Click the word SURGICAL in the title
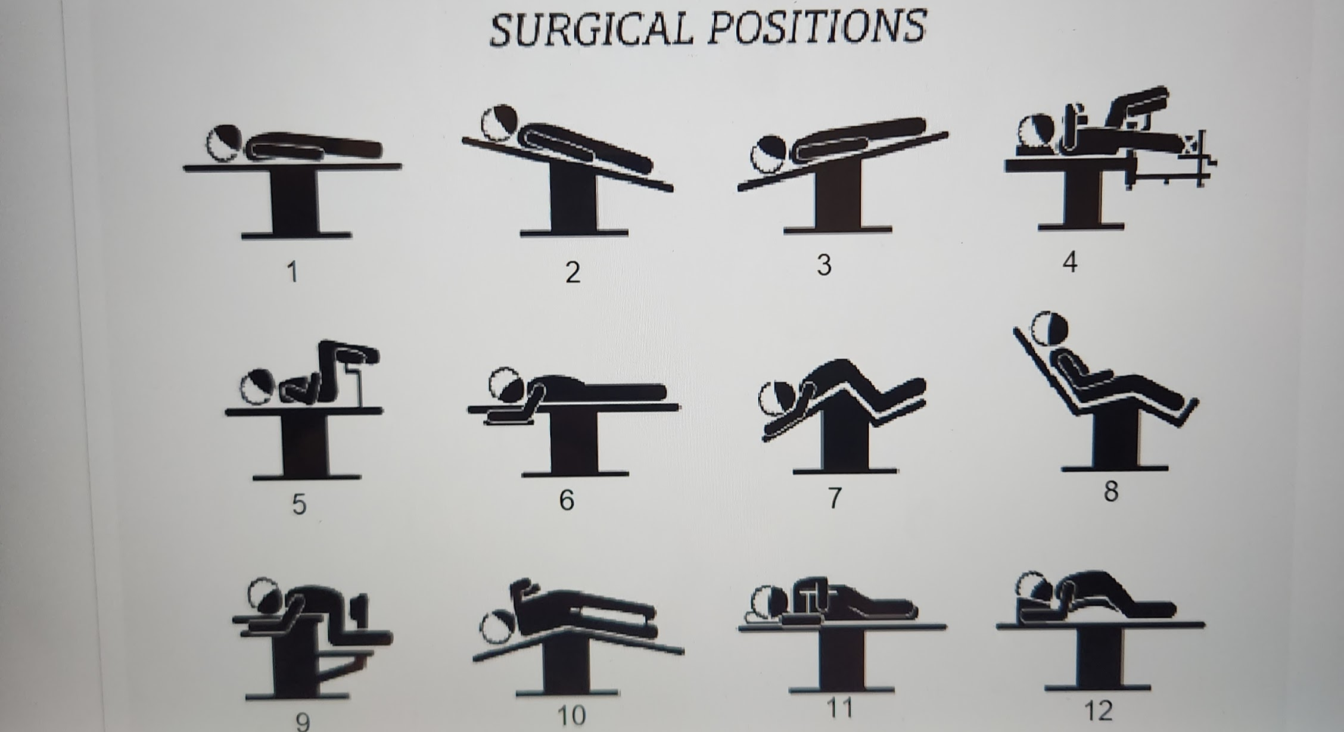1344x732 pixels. [591, 29]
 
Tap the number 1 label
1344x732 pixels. [292, 272]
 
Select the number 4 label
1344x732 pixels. [1070, 262]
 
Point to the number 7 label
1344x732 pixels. [835, 498]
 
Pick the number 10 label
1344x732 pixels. [571, 715]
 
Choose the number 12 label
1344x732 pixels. [1098, 711]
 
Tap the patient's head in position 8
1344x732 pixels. [1050, 328]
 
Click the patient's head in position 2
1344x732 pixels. [499, 123]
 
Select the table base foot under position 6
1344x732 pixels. [575, 474]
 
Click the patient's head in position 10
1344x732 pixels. [499, 627]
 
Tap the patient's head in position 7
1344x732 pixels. [777, 397]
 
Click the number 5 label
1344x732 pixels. [299, 504]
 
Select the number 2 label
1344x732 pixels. [573, 272]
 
